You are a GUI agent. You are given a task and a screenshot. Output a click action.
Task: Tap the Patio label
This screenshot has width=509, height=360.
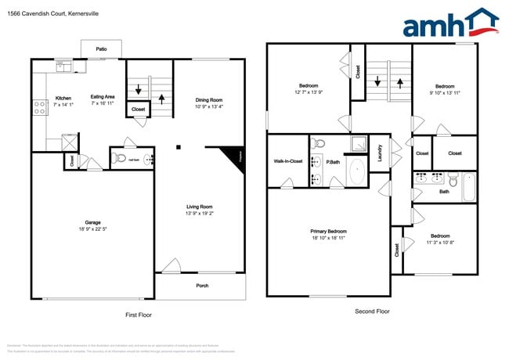pos(101,49)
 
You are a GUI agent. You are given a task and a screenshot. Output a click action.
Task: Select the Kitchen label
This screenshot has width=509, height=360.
pos(63,98)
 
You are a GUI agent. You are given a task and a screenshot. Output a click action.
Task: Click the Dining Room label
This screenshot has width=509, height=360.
pos(209,99)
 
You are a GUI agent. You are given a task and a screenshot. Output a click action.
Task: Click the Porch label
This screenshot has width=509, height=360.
pos(201,285)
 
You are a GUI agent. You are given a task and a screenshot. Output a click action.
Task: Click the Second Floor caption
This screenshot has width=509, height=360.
pos(371,311)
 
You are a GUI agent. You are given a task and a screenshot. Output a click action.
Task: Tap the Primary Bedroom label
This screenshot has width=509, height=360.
pos(328,232)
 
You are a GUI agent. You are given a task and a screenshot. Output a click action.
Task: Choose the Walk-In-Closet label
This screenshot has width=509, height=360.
pos(287,161)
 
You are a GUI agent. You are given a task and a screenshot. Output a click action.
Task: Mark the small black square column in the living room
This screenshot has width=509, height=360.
pos(179,146)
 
